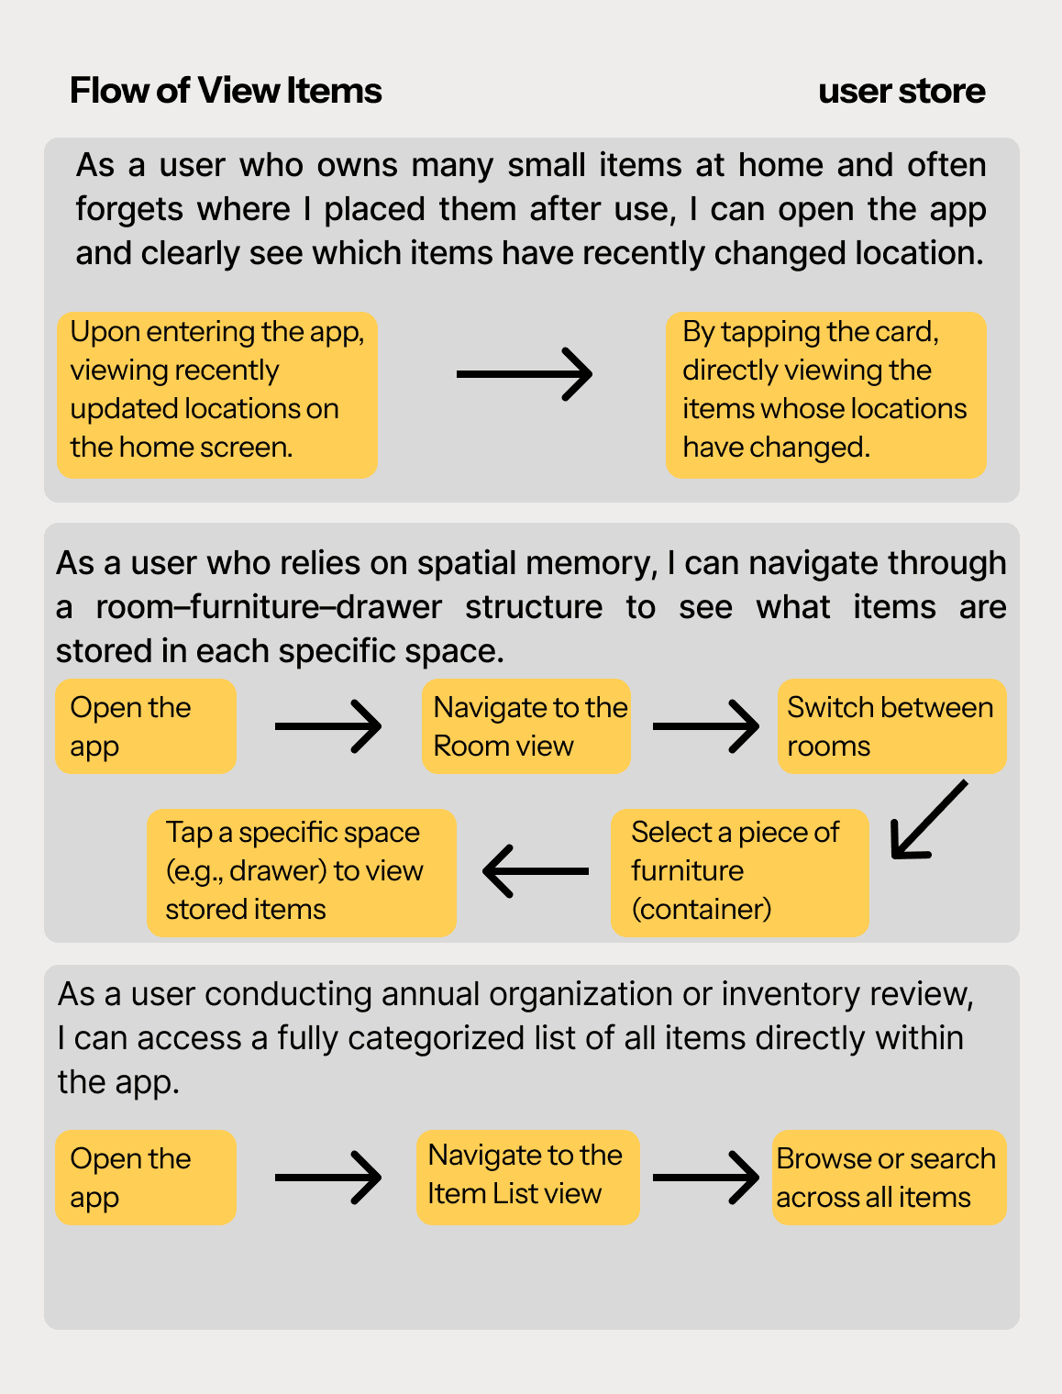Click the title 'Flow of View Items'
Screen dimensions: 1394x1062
(226, 91)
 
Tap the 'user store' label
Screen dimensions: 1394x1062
(902, 91)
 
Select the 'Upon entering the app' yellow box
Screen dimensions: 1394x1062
(217, 394)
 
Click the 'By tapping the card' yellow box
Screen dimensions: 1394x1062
(825, 394)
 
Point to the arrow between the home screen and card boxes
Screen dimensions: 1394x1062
(525, 374)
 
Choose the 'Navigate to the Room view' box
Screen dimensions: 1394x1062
(526, 726)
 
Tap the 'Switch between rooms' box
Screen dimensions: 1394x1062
(891, 726)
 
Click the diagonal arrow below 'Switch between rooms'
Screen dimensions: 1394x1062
(928, 820)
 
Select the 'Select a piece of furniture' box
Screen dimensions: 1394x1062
(739, 871)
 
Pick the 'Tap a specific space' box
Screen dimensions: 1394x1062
(301, 871)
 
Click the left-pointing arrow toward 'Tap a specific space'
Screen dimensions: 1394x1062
(536, 870)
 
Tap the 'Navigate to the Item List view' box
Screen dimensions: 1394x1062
(527, 1177)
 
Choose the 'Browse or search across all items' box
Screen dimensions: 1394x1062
(889, 1178)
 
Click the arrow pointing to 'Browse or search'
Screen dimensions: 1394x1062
(705, 1177)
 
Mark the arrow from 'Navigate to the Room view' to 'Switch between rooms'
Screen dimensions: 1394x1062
(705, 726)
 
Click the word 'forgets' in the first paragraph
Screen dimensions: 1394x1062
(129, 209)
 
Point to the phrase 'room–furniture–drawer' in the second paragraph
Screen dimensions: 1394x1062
(269, 607)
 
